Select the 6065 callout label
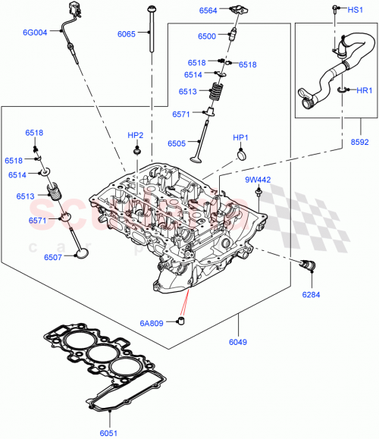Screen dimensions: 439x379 point(127,34)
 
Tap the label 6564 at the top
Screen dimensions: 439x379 point(208,11)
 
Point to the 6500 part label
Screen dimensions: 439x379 point(207,36)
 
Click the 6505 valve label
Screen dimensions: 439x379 point(197,143)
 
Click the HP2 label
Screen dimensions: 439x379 point(136,135)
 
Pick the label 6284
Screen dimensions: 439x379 point(312,294)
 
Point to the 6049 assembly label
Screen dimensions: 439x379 point(240,343)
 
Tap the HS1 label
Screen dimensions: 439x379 point(355,11)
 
